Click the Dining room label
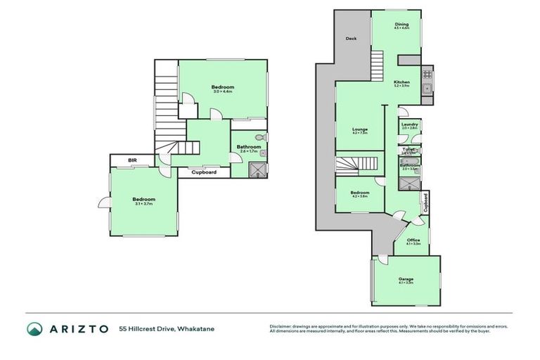tap(401, 26)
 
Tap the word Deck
tap(352, 39)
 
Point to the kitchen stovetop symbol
tap(426, 74)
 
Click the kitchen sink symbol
tap(426, 88)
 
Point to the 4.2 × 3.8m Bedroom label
tap(360, 193)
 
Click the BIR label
tap(132, 161)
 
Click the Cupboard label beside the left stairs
tap(204, 172)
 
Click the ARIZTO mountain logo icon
tap(35, 328)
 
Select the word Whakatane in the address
tap(196, 329)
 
